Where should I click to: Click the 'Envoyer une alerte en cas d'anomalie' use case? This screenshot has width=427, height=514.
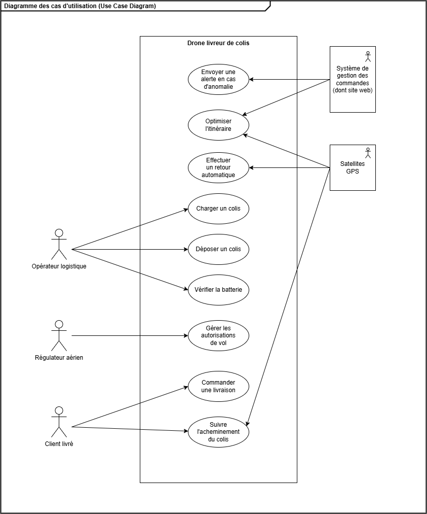pos(218,79)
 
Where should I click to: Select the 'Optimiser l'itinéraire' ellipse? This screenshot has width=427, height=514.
pos(218,125)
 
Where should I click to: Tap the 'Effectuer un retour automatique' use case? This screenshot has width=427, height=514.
pos(218,167)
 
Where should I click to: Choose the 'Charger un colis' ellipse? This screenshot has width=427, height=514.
pos(218,209)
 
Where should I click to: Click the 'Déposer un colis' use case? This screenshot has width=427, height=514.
pos(218,249)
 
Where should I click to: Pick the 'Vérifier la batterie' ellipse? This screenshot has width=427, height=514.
pos(218,290)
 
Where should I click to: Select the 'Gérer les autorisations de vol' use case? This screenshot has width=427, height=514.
pos(218,335)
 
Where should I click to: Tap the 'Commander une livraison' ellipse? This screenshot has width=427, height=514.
pos(218,386)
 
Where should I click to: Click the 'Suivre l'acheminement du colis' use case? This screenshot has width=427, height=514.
pos(218,432)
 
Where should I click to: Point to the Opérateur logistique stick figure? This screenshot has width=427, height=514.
pos(59,244)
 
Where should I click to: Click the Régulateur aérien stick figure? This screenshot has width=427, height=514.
pos(59,336)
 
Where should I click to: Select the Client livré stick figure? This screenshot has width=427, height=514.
pos(59,422)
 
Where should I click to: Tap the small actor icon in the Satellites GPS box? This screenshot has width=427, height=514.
pos(368,153)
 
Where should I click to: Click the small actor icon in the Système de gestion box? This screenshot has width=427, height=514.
pos(368,56)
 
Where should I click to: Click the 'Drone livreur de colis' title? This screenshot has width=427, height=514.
pos(218,43)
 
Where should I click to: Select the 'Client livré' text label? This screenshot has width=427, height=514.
pos(59,444)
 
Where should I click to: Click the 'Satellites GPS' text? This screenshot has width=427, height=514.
pos(353,167)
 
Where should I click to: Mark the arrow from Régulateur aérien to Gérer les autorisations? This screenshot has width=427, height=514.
pos(130,336)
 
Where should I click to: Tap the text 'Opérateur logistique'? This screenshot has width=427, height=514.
pos(59,266)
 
